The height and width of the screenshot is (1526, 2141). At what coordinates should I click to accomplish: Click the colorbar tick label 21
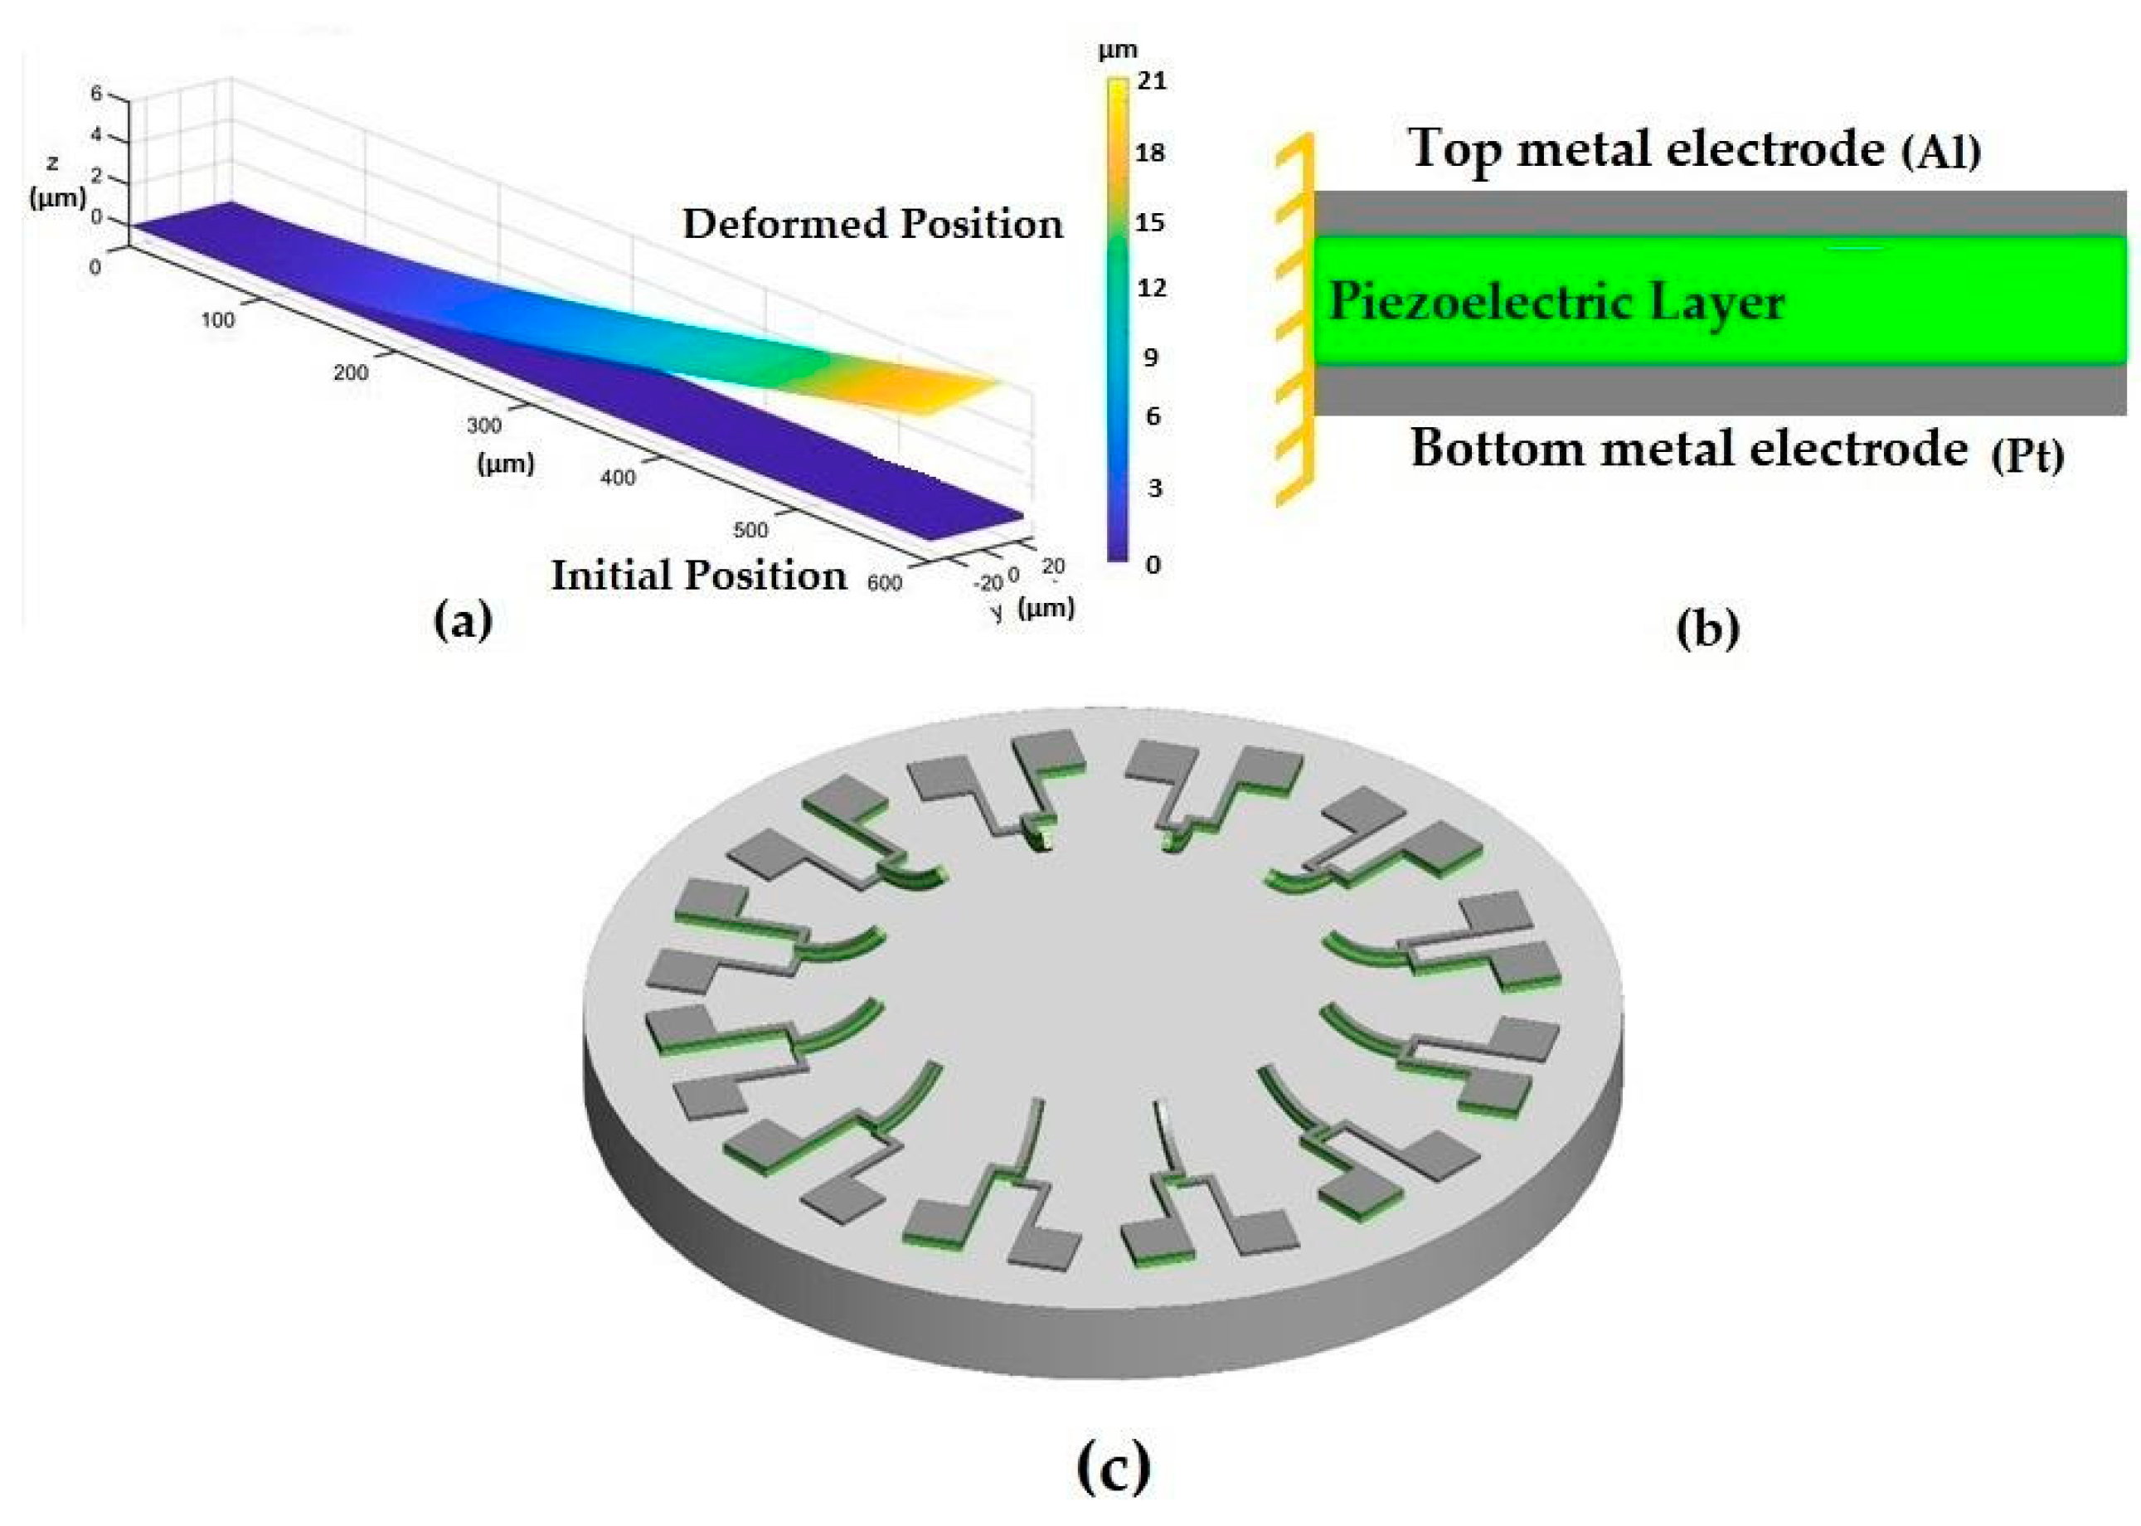1152,82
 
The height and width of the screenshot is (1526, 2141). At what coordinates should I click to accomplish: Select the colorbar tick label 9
1151,357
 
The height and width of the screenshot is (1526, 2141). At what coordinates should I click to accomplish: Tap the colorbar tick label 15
1151,223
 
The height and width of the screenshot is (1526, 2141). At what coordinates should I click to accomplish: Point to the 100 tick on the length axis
217,320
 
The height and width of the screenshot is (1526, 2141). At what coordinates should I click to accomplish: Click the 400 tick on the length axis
617,478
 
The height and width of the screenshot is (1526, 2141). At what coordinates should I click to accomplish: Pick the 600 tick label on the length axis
884,584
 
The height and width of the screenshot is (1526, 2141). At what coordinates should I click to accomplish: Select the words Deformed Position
873,225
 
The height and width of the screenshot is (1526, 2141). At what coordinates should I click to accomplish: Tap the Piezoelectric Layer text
1556,304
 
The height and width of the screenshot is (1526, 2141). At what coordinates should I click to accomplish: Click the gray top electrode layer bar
1719,212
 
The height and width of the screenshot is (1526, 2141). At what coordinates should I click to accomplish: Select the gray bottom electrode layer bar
1719,390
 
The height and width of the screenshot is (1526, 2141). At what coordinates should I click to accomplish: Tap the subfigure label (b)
1707,629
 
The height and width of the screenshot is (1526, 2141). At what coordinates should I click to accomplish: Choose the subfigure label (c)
1114,1467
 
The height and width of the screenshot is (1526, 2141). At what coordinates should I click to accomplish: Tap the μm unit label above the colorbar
1118,50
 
